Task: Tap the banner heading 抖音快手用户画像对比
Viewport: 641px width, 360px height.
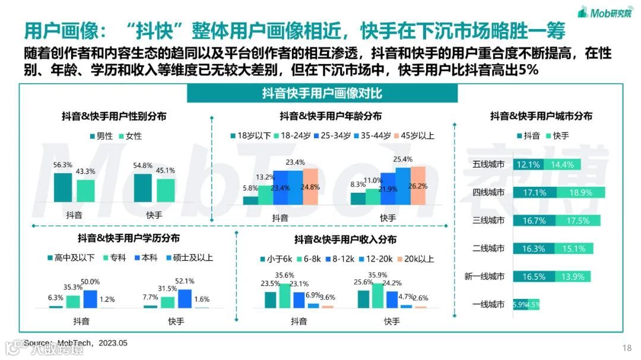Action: click(x=322, y=94)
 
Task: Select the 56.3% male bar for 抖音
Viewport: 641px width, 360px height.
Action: click(x=62, y=187)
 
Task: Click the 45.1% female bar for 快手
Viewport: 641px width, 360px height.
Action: click(x=166, y=190)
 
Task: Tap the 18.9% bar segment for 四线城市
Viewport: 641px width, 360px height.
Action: click(x=580, y=192)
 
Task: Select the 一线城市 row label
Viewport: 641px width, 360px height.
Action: click(x=488, y=304)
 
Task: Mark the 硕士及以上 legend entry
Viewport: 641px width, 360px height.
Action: click(x=189, y=258)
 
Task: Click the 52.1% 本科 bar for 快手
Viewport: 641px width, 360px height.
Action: click(x=185, y=298)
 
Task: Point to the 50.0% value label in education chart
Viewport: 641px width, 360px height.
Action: click(x=90, y=282)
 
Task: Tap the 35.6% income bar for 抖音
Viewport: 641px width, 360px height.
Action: click(x=285, y=296)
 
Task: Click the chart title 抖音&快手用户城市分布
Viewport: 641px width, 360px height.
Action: click(x=541, y=116)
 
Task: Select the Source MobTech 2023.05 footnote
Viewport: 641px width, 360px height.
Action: click(x=75, y=343)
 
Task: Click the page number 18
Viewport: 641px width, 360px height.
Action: click(x=627, y=348)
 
